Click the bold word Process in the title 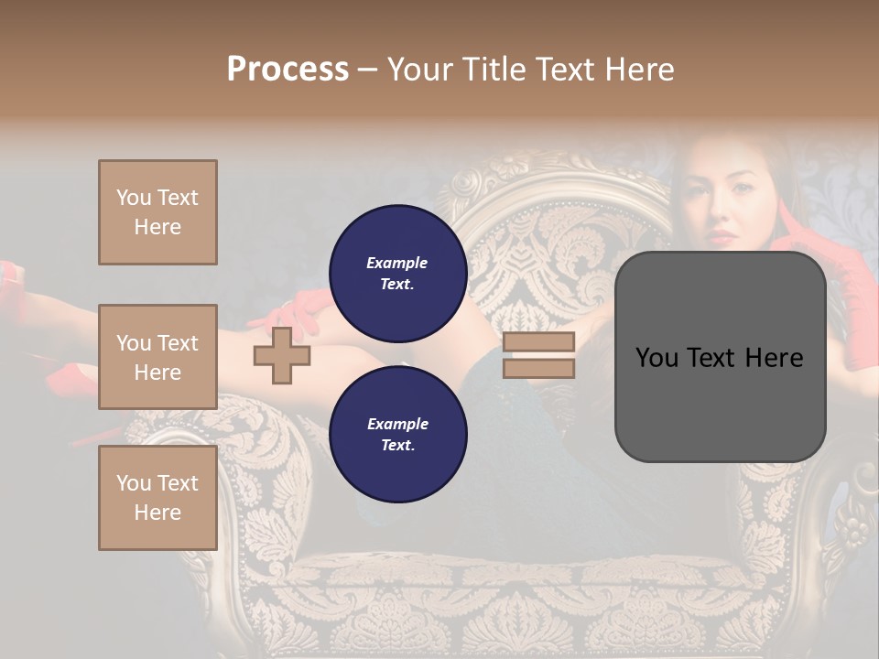288,69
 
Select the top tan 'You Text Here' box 157,212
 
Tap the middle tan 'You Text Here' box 157,357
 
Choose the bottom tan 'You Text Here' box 157,498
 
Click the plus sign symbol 282,356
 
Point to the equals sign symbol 538,355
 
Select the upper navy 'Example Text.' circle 397,274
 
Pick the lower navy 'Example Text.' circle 397,435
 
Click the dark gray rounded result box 720,357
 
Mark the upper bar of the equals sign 538,342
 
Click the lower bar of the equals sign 538,368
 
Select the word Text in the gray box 721,357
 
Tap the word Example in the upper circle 397,263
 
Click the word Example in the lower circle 397,424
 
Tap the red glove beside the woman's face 797,233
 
